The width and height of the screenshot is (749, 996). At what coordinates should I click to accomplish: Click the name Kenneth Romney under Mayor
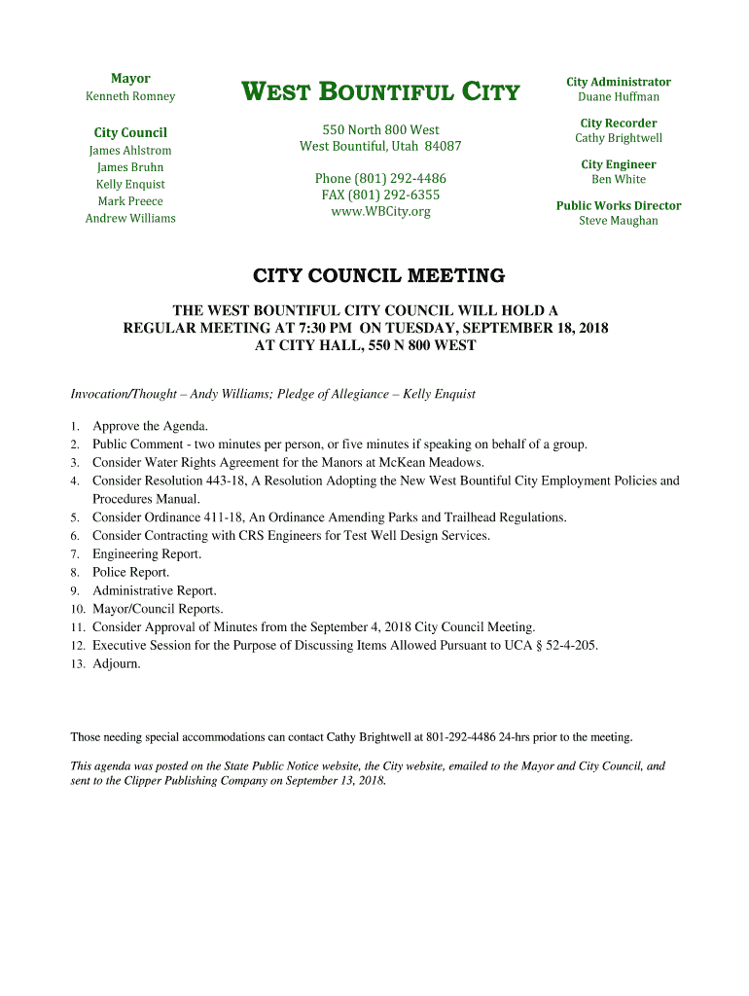point(130,96)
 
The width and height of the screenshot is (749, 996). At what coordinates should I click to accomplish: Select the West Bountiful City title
point(380,93)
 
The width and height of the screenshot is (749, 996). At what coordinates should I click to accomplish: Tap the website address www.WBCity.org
point(380,211)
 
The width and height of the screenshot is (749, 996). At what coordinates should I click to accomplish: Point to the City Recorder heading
point(619,123)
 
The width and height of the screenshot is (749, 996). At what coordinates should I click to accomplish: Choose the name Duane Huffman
point(619,96)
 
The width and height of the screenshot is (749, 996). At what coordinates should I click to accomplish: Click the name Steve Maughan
point(619,221)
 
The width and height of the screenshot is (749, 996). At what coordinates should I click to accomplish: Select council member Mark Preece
point(130,201)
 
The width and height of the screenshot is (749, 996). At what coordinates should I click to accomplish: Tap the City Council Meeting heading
point(379,276)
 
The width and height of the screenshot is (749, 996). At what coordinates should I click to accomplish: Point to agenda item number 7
point(74,554)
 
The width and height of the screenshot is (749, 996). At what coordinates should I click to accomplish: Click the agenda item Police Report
point(131,572)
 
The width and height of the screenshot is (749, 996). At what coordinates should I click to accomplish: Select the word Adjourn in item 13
point(116,663)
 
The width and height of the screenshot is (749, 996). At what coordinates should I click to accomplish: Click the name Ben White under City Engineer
point(619,179)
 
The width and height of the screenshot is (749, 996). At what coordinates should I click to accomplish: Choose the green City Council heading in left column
point(130,132)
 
